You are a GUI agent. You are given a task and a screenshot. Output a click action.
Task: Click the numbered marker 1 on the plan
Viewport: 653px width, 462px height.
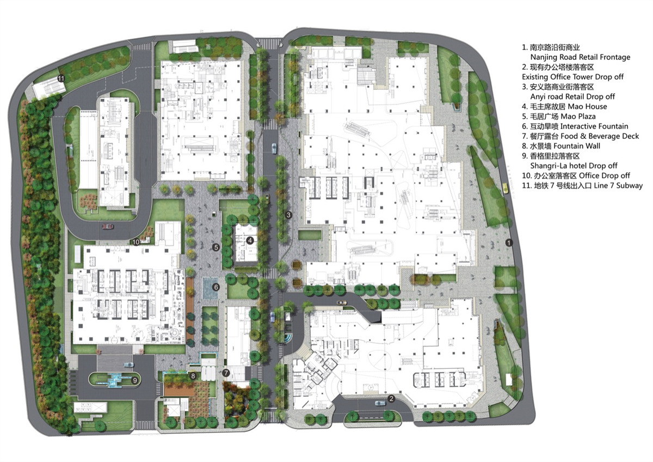coord(509,242)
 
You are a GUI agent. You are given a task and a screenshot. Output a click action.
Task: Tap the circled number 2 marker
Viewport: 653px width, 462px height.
coord(391,399)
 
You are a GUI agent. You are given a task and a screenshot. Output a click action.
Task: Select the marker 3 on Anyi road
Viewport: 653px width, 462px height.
coord(288,215)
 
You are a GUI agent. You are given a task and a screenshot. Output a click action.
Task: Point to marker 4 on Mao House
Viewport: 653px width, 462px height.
coord(250,240)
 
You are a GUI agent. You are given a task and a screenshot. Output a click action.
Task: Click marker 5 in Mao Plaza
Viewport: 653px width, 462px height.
coord(216,247)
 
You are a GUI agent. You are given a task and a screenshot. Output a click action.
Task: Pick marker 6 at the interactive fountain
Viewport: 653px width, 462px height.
coord(216,287)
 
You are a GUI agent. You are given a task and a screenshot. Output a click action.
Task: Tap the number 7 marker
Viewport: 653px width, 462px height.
coord(226,373)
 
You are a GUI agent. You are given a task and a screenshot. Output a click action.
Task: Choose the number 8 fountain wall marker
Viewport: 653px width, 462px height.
coord(193,376)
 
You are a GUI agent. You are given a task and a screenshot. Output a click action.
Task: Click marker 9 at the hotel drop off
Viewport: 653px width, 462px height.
coord(135,380)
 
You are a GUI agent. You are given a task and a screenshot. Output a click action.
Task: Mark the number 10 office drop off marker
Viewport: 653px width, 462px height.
coord(136,242)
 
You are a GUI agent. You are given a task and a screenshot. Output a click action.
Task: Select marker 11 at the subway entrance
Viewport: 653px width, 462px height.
coord(61,78)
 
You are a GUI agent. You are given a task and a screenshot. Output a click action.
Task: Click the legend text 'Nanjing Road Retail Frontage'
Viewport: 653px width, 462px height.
coord(580,57)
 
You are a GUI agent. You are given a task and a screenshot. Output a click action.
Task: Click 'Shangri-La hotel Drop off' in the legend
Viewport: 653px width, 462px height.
coord(574,166)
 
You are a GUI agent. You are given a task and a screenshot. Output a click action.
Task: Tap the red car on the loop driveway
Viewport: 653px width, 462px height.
coord(108,226)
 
